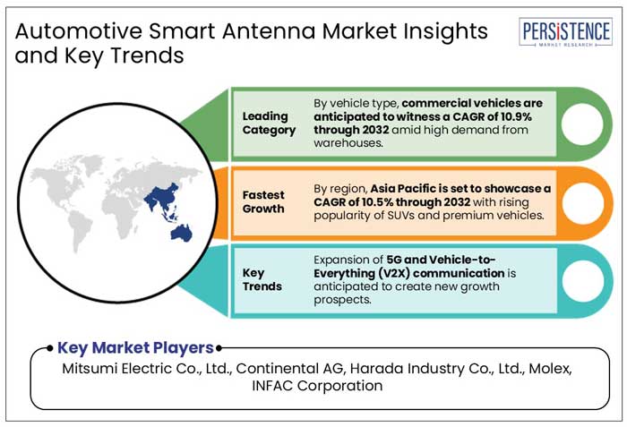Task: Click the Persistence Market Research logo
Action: coord(566,35)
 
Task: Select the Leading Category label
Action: coord(269,124)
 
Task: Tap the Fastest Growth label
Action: coord(264,202)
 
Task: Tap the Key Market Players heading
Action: coord(136,348)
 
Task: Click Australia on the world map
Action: coord(183,232)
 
